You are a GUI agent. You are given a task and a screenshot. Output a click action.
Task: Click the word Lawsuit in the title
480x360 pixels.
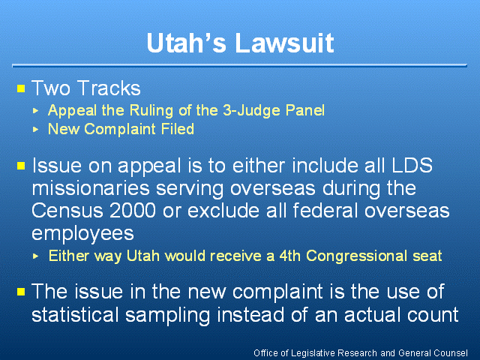point(284,43)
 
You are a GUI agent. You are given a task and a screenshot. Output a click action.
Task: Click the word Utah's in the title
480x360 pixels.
point(187,43)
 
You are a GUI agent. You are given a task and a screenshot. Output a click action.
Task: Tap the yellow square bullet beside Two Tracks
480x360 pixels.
point(21,88)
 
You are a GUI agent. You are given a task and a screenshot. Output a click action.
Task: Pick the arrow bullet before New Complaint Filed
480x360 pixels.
point(35,129)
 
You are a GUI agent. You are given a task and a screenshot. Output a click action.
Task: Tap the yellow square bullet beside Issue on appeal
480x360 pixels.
point(21,166)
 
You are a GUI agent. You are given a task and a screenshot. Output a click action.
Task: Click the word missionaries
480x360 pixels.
point(91,188)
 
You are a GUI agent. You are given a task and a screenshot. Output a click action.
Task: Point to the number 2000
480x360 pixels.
point(133,211)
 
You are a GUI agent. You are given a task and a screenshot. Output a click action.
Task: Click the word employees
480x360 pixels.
point(82,234)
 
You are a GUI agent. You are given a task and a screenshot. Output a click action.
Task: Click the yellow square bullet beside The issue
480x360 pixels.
point(21,292)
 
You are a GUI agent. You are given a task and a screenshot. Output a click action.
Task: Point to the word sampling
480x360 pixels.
point(167,315)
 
